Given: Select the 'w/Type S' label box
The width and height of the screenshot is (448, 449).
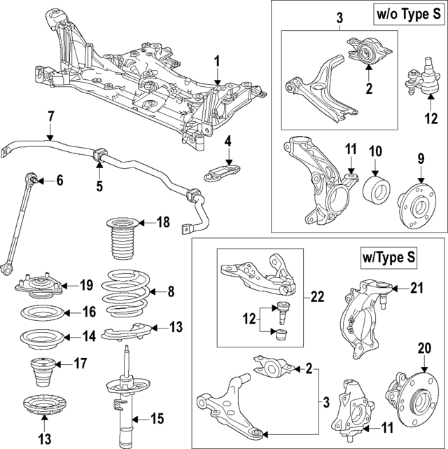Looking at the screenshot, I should (x=386, y=258).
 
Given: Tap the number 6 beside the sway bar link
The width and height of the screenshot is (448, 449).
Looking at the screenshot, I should (x=59, y=181).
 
